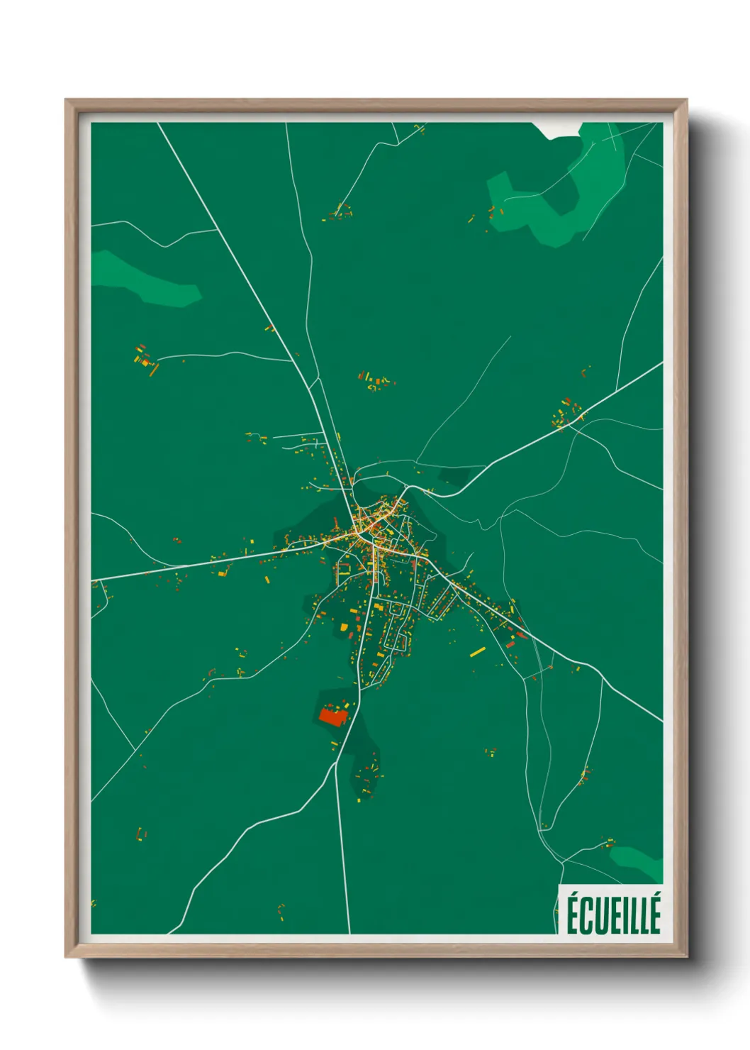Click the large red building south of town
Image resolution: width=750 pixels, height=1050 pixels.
pos(331,716)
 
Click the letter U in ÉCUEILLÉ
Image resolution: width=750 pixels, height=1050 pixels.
pos(597,917)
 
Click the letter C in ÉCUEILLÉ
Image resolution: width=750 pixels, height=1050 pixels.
pos(585,917)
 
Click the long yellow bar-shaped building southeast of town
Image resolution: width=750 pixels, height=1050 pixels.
pos(478,651)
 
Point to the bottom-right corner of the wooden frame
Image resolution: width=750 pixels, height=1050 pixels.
pos(685,956)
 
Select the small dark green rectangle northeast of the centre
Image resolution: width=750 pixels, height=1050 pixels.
pos(454,476)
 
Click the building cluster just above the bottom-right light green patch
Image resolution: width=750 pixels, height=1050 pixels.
pos(608,842)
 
